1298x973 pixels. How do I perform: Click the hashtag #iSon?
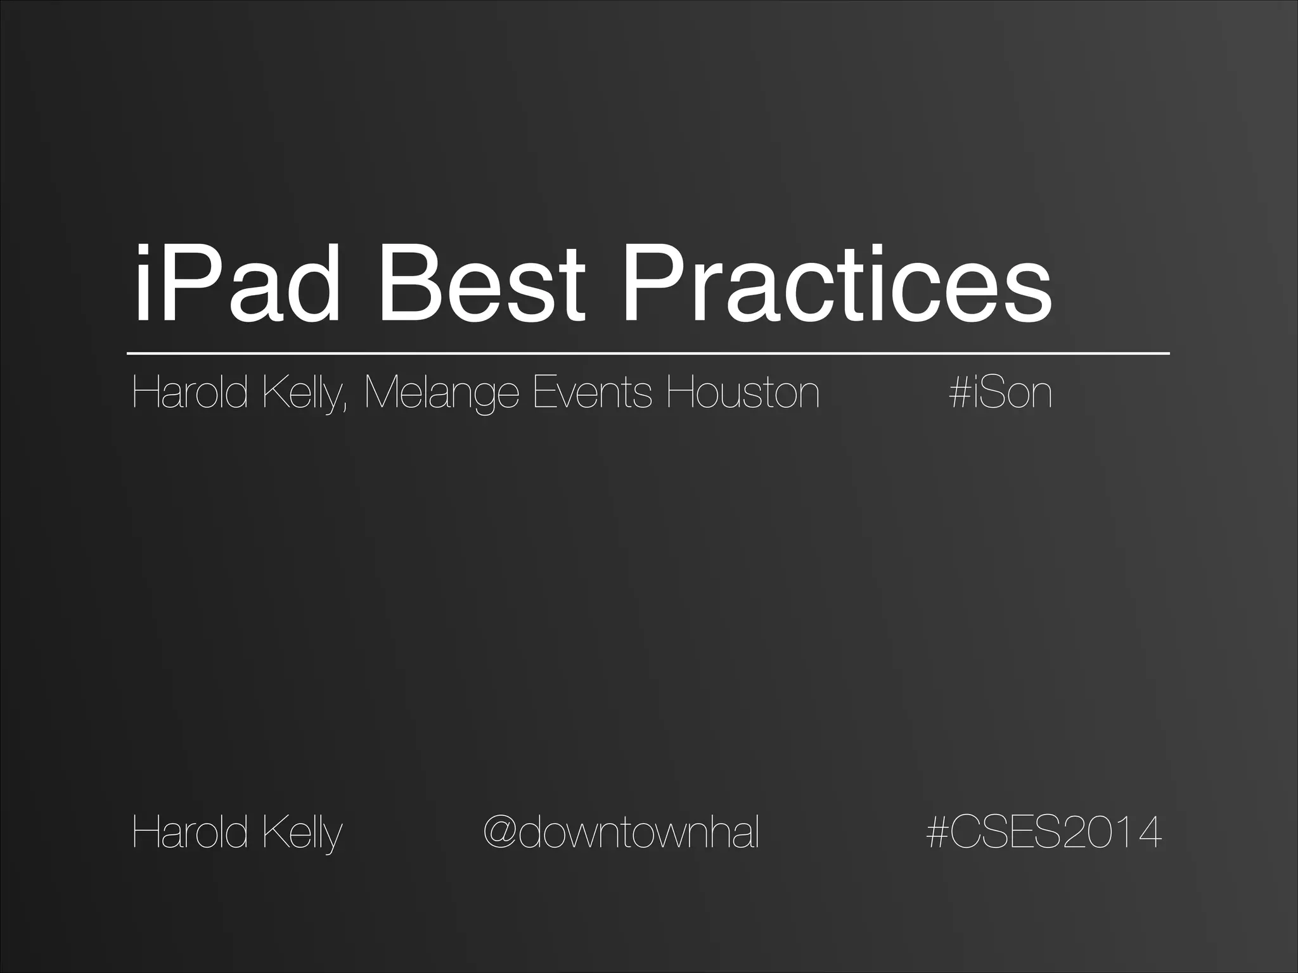click(1000, 393)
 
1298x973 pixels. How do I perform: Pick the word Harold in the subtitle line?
click(189, 393)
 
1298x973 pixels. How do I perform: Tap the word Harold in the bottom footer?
click(189, 832)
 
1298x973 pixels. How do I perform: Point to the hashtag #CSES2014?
click(1043, 832)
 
